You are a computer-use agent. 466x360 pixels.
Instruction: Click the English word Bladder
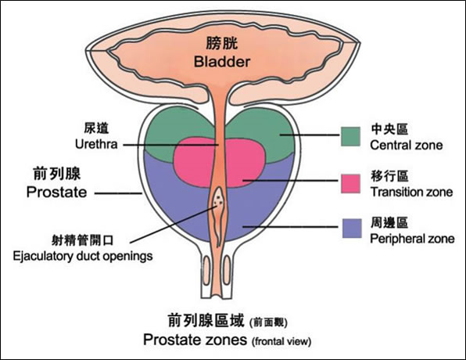tap(222, 62)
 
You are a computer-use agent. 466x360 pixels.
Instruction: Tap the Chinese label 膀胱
tap(222, 43)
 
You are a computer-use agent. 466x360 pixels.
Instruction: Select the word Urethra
tap(96, 144)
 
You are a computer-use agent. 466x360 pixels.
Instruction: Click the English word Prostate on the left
tap(56, 193)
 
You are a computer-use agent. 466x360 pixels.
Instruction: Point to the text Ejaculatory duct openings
tap(83, 256)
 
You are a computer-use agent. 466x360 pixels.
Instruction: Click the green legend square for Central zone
tap(351, 136)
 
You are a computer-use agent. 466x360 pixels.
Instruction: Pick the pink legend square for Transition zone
tap(351, 184)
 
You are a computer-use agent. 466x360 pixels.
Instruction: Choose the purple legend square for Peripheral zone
tap(352, 229)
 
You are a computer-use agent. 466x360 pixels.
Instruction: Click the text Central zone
tap(407, 146)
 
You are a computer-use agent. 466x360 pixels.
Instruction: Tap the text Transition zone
tap(411, 193)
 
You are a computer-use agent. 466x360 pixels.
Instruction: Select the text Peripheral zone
tap(412, 239)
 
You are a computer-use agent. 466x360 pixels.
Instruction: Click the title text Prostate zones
tap(195, 340)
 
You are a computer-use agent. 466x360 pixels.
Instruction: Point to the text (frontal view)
tap(281, 341)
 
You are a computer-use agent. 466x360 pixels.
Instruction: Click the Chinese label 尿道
tap(96, 128)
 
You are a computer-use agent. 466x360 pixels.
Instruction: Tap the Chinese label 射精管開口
tap(83, 240)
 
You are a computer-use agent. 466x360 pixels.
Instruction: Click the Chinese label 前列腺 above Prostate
tap(57, 174)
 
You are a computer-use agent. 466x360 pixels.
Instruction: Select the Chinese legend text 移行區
tap(389, 176)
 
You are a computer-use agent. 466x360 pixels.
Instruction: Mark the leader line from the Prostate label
tap(118, 193)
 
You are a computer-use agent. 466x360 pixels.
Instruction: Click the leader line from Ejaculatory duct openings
tap(174, 225)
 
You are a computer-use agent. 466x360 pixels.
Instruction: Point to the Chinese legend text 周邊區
tap(389, 222)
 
